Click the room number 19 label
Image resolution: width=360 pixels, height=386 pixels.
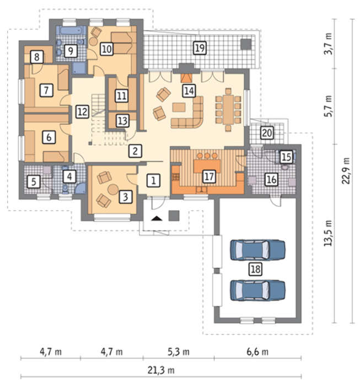[x=200, y=48]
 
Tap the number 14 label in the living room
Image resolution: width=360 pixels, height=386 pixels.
[x=189, y=91]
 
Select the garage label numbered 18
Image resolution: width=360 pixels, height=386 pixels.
[x=255, y=269]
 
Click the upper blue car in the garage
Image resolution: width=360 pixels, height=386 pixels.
[x=257, y=250]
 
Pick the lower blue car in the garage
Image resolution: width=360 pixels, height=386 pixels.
[x=257, y=291]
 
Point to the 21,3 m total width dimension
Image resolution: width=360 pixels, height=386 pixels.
[x=161, y=370]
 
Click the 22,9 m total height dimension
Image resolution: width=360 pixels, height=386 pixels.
[x=346, y=170]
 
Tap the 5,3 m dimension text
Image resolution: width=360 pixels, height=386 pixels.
[x=179, y=352]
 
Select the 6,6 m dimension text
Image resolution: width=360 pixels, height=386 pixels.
[x=257, y=352]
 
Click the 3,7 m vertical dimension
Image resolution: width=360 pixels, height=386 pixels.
[x=328, y=44]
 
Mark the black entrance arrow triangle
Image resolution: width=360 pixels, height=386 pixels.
[x=157, y=218]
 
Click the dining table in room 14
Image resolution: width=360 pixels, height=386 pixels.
[x=228, y=110]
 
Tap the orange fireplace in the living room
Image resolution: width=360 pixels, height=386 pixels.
[x=186, y=78]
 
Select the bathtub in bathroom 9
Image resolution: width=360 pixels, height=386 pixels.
[x=71, y=31]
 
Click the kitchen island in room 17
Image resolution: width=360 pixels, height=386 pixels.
[x=207, y=166]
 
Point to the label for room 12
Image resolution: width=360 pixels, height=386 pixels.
[x=82, y=112]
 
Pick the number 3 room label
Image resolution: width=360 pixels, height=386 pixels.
[x=125, y=197]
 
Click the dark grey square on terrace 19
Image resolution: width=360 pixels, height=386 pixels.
[x=246, y=44]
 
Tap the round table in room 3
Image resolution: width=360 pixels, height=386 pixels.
[x=113, y=189]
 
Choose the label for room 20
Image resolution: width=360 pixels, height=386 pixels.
[x=267, y=133]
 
